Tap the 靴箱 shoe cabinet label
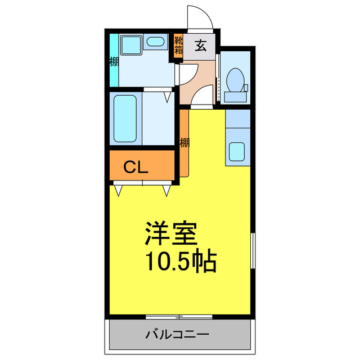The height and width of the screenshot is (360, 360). pos(178,44)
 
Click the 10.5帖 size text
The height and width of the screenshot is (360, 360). pos(180,261)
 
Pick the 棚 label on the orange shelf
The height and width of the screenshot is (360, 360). pos(184,143)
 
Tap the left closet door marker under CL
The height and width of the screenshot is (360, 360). pos(119,190)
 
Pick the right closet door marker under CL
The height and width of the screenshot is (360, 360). pos(167,190)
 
